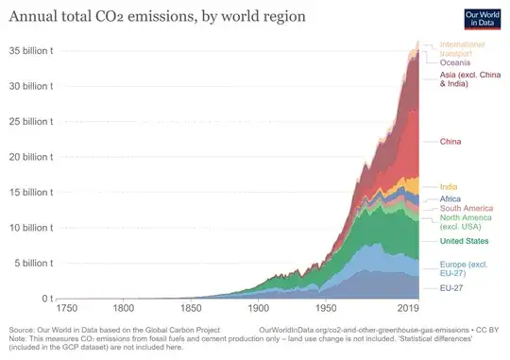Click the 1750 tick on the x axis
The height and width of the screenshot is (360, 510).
[67, 309]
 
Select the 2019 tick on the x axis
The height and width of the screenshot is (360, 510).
[408, 309]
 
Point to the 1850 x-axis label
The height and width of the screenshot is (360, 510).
[194, 309]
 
